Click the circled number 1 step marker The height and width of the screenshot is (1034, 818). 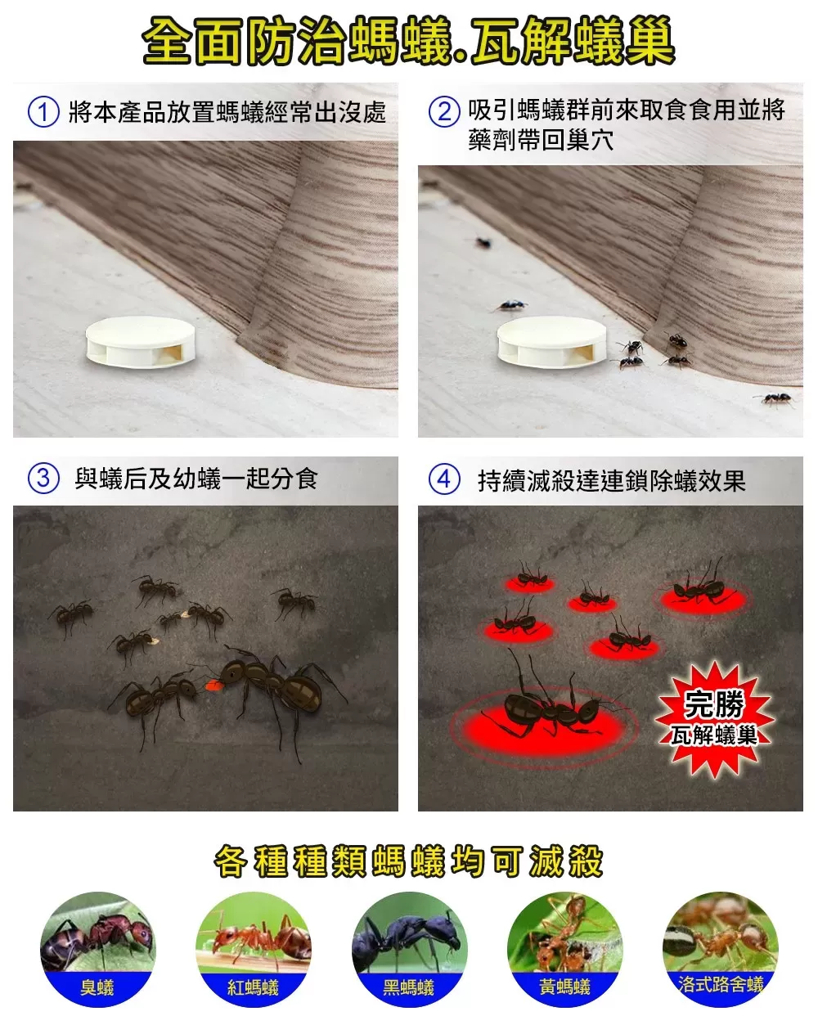(43, 112)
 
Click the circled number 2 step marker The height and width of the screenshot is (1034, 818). (444, 112)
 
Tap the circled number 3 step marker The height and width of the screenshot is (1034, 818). (43, 478)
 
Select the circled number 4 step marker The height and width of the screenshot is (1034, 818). (444, 479)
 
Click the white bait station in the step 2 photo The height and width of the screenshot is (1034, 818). (552, 339)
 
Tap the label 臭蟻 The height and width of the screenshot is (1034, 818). (97, 987)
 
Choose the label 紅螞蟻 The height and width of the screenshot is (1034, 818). (253, 987)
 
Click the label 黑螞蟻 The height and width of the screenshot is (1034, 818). (409, 987)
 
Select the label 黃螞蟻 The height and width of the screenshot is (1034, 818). (564, 987)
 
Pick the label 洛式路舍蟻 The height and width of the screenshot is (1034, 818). (721, 983)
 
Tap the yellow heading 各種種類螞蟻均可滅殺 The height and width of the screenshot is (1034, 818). (409, 861)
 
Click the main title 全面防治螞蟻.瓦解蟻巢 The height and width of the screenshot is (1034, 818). (409, 42)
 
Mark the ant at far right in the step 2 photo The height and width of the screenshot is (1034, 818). (775, 399)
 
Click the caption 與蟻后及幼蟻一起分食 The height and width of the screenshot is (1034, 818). (196, 479)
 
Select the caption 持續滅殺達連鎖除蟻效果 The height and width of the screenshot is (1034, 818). (611, 480)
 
